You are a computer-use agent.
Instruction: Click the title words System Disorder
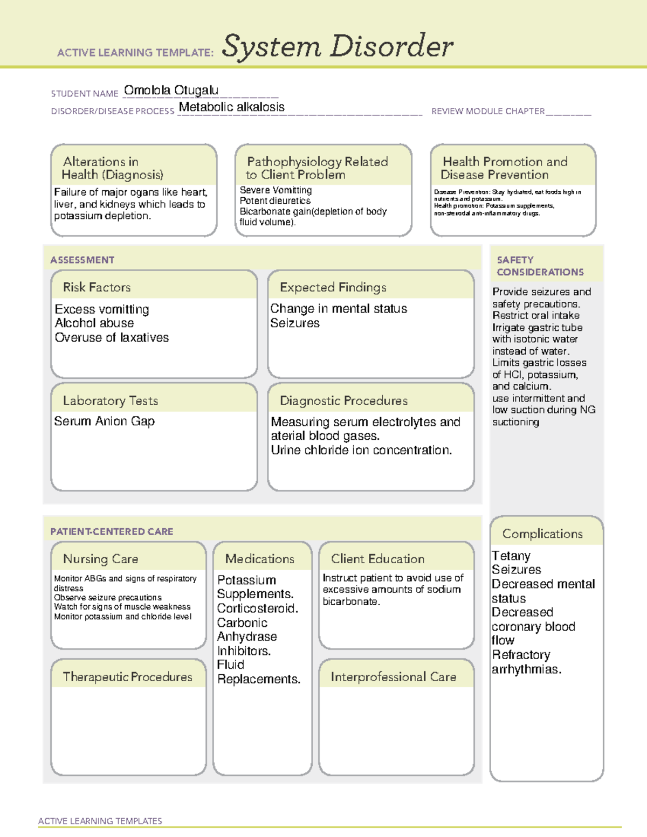click(337, 46)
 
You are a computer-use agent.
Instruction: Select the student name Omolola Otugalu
click(171, 91)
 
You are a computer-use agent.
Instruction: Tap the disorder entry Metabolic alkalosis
click(231, 107)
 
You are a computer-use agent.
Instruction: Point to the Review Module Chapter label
click(487, 112)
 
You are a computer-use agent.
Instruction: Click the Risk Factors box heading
click(97, 287)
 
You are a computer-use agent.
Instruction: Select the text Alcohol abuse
click(94, 323)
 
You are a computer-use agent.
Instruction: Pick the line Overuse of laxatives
click(112, 338)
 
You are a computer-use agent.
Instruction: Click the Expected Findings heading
click(333, 287)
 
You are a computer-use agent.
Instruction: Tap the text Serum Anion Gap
click(104, 421)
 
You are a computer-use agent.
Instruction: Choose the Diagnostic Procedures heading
click(343, 401)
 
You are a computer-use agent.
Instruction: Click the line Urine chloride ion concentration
click(361, 451)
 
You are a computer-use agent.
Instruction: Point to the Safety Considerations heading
click(540, 266)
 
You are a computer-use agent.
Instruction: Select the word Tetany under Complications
click(511, 556)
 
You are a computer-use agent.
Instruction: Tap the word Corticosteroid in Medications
click(257, 608)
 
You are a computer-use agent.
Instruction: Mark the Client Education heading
click(377, 559)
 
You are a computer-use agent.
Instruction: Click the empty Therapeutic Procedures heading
click(127, 677)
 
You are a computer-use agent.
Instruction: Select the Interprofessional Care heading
click(393, 677)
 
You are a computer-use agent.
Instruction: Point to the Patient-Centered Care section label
click(112, 532)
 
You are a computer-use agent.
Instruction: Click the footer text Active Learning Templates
click(100, 821)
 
